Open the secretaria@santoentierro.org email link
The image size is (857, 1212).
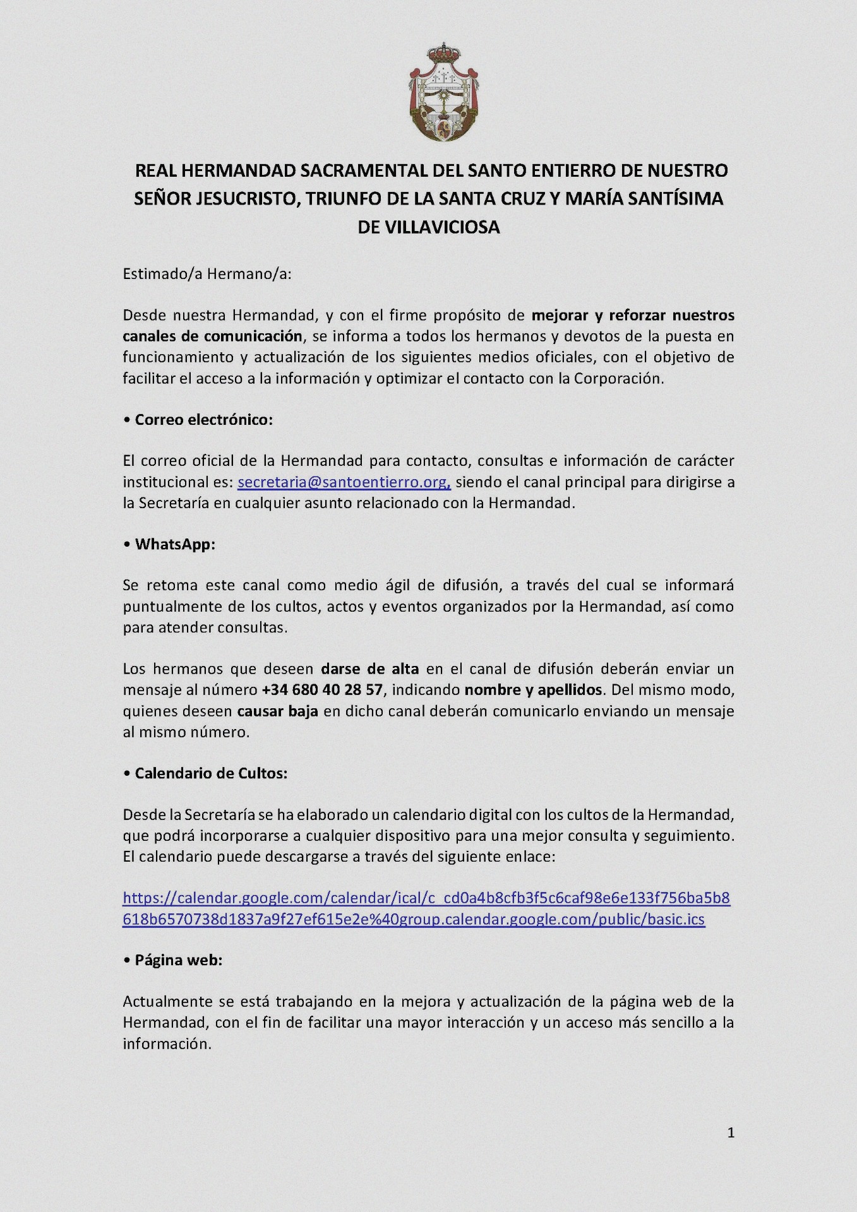(344, 482)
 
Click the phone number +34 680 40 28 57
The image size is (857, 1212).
(322, 690)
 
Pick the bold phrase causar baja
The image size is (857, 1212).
(277, 711)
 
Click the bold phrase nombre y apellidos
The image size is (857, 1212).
(533, 690)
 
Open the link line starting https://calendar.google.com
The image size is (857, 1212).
(426, 898)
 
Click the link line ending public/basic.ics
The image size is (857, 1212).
(414, 919)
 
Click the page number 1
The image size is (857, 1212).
(731, 1133)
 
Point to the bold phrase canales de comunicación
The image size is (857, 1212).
(212, 336)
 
